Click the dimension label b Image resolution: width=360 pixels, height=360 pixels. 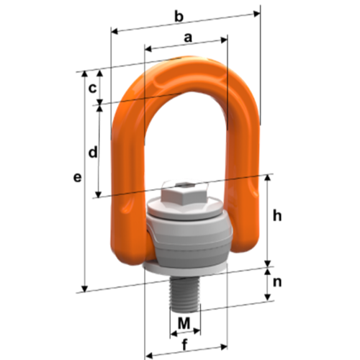click(x=179, y=17)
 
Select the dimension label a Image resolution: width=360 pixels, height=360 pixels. click(x=188, y=37)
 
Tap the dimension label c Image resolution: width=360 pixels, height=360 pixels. click(x=93, y=89)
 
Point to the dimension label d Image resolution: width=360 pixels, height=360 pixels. click(x=93, y=152)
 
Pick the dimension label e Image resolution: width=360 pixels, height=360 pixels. click(x=77, y=178)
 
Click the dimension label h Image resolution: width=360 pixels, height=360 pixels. click(x=277, y=216)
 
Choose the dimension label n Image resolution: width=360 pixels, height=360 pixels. click(x=277, y=282)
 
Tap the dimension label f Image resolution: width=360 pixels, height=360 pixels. click(x=184, y=345)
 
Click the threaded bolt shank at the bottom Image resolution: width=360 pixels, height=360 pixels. click(x=184, y=294)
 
